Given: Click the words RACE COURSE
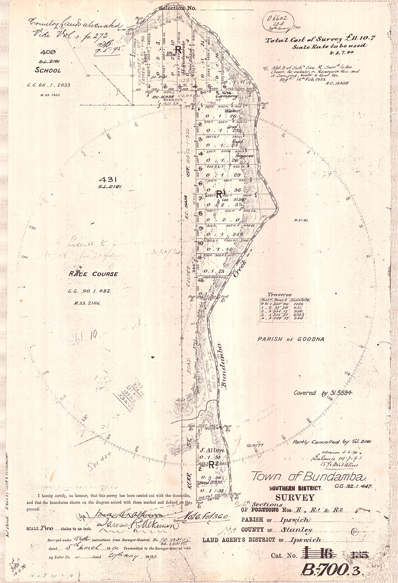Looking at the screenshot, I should pos(93,274).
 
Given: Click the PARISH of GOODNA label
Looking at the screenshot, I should pos(291,339).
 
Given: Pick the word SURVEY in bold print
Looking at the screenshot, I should pos(295,497).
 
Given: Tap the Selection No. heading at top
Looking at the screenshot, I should pos(177,8).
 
